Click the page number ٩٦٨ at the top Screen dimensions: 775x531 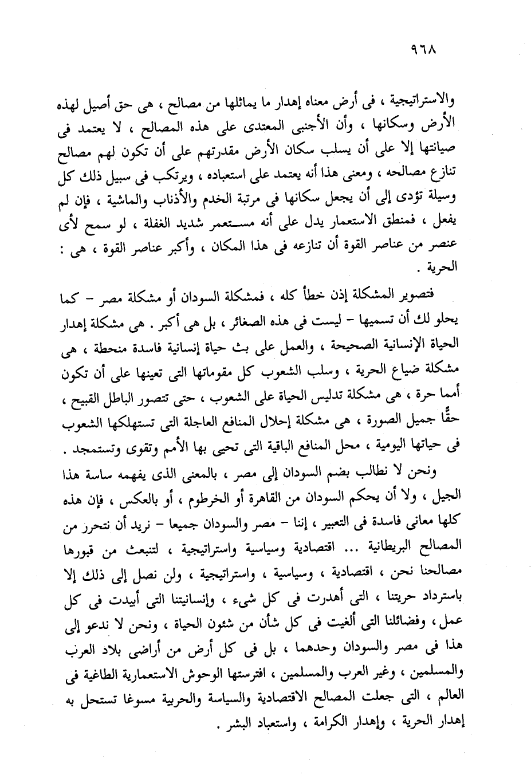tap(424, 50)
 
